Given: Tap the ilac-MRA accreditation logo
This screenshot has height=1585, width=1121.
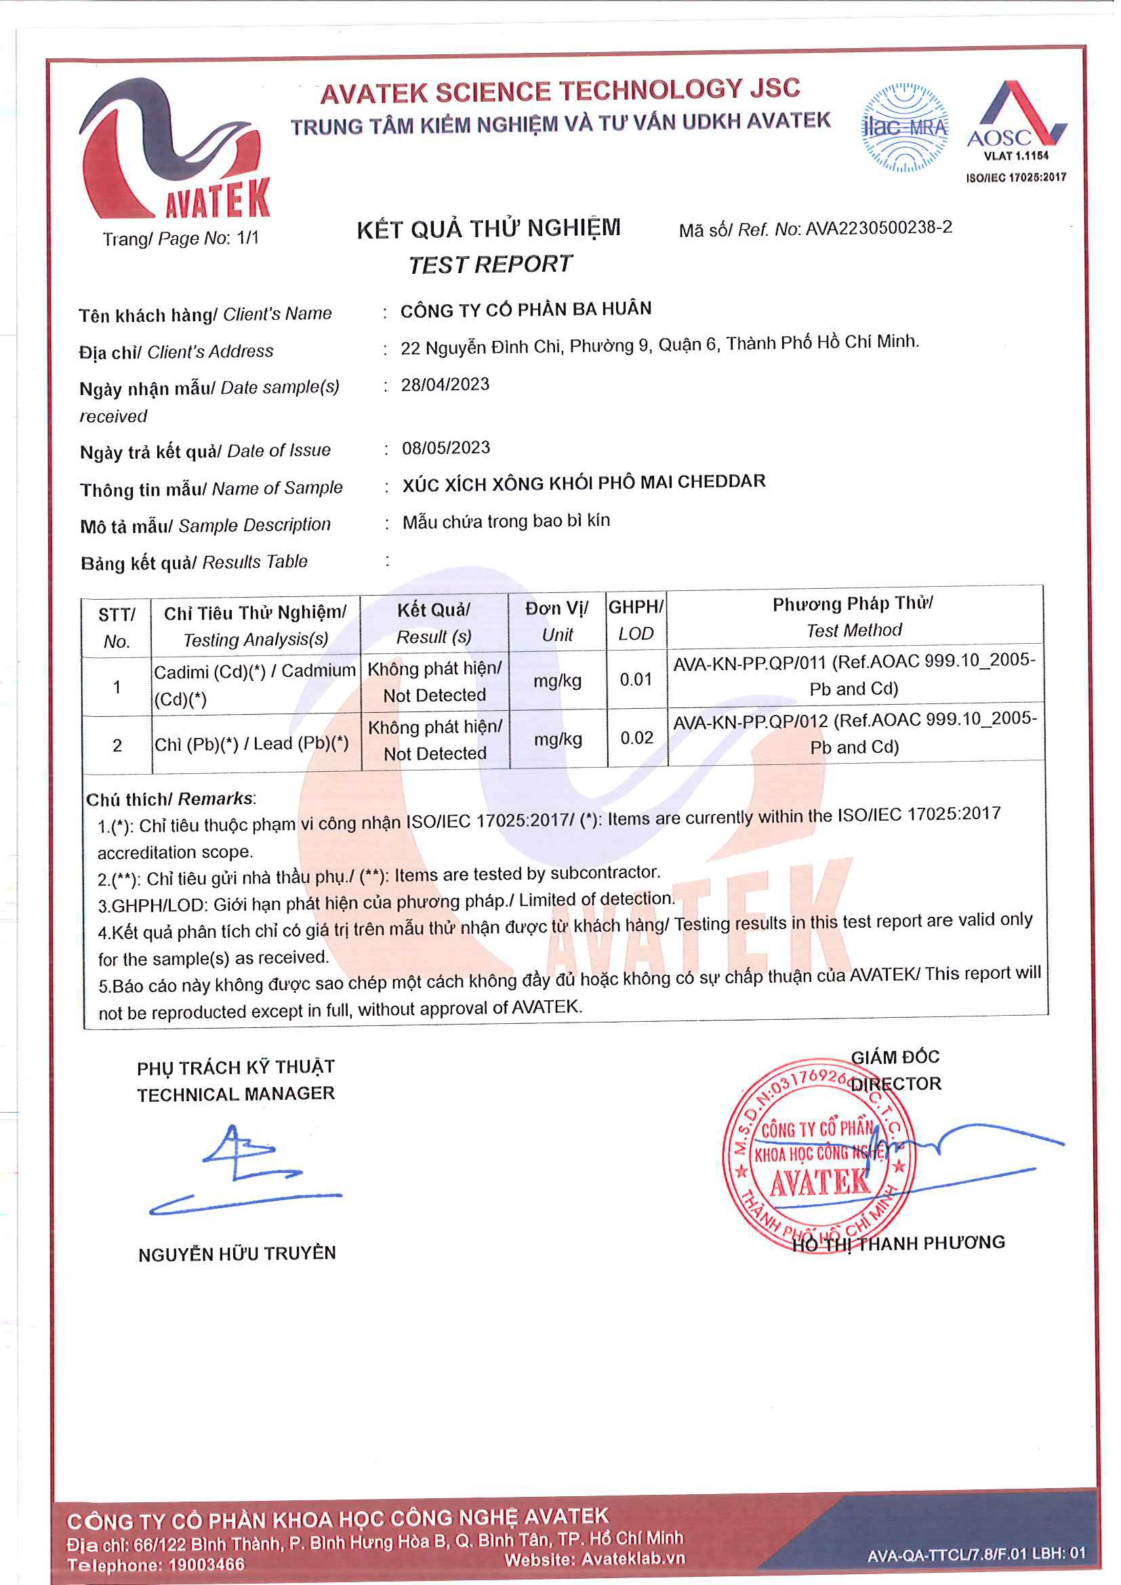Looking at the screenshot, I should point(905,127).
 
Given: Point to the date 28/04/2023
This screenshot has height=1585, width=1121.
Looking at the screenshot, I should point(445,384).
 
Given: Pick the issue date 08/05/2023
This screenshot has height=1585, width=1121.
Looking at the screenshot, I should point(446,448).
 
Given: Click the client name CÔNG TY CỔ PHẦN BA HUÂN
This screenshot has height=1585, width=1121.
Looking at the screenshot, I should point(526,309).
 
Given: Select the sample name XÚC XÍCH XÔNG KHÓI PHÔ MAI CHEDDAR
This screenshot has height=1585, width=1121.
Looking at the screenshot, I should point(584,482).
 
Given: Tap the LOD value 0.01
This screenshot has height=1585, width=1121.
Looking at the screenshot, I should point(636,680).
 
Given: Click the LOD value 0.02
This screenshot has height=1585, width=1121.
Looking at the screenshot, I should point(636,738).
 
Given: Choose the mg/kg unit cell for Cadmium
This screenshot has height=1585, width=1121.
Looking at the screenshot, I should point(557,681).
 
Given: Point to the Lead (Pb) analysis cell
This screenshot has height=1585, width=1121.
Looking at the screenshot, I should point(252,744).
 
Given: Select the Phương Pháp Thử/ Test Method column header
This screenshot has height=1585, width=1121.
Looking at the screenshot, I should point(853,617).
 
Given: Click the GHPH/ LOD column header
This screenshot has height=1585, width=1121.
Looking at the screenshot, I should point(636,620).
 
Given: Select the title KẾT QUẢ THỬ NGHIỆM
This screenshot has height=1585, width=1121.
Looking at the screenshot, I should point(489,229).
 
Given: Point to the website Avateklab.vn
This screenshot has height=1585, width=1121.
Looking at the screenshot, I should point(633,1559).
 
